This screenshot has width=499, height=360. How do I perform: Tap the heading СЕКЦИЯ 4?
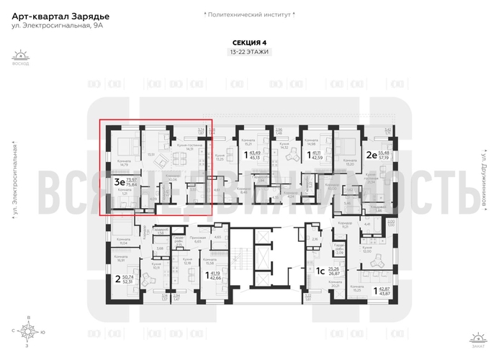tap(249, 43)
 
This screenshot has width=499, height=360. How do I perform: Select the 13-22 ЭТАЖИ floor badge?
tap(249, 53)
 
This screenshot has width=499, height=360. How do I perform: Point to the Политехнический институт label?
tap(249, 14)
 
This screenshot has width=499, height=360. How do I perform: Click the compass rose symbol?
tap(28, 333)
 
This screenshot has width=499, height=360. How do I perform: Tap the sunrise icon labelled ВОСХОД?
tap(21, 56)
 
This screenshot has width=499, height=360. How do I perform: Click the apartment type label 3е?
tap(118, 183)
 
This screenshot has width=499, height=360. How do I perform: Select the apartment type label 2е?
tap(370, 154)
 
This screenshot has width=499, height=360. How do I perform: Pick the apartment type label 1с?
tap(319, 271)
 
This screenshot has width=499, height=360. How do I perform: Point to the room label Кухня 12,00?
tap(367, 250)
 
